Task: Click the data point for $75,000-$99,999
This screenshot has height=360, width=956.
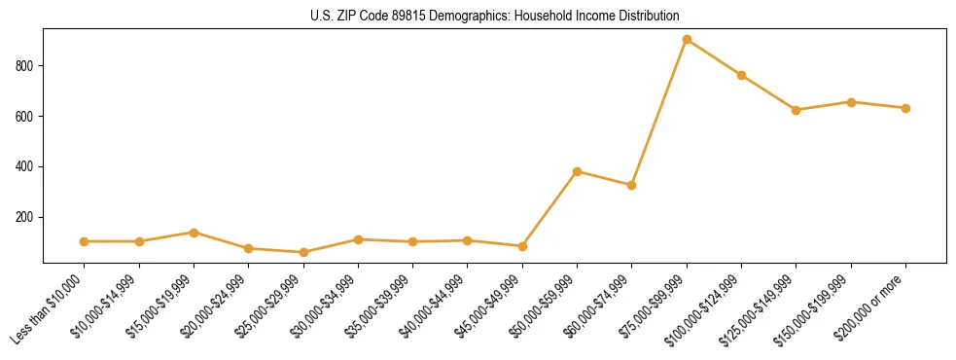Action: coord(687,40)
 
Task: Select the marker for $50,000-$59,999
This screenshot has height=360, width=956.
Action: coord(577,171)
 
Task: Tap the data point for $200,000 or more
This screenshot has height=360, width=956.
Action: coord(905,108)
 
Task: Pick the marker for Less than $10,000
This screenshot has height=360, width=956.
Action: coord(85,241)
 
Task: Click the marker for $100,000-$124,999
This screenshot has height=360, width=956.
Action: coord(741,75)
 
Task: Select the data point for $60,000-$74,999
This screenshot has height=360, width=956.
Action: coord(632,185)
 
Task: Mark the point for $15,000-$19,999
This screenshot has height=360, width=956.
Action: coord(194,233)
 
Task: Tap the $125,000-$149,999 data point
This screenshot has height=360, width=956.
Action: coord(796,110)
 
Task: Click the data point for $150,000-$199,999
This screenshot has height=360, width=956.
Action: coord(851,102)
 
